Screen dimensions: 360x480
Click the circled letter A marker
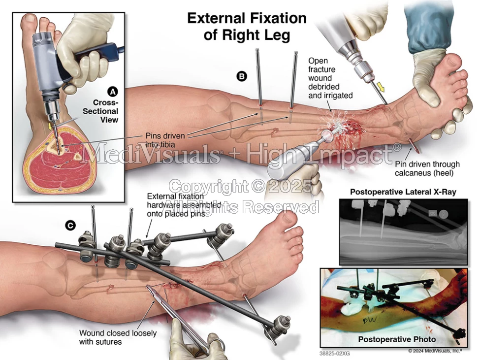[x=113, y=92]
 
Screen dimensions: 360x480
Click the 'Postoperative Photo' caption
[x=396, y=339]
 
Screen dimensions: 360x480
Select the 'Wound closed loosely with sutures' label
[x=118, y=337]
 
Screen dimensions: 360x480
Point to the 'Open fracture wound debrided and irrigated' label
[x=330, y=78]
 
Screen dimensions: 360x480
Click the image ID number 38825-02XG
[x=334, y=353]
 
